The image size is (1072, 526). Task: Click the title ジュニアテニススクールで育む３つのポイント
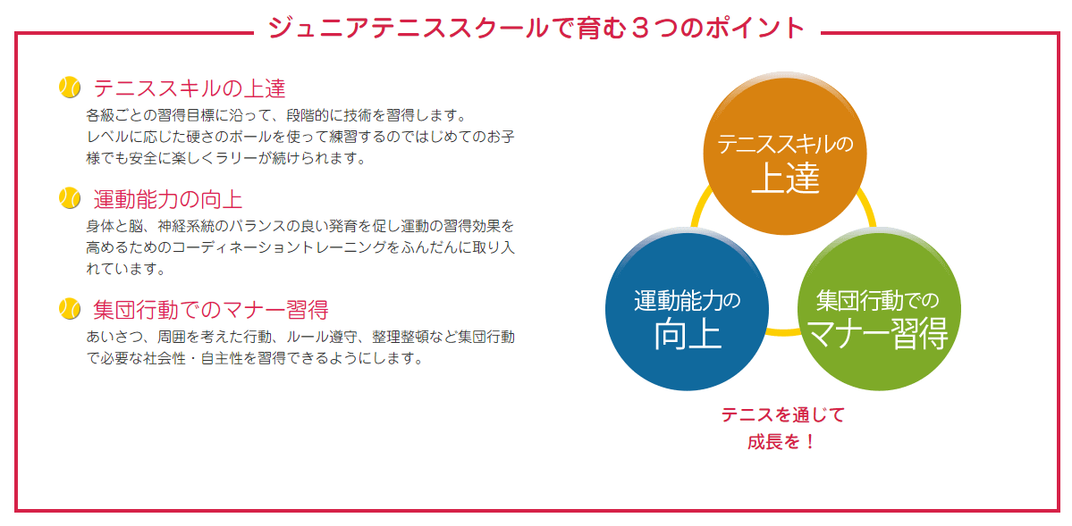(536, 28)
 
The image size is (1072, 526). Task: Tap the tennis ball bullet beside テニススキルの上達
(70, 88)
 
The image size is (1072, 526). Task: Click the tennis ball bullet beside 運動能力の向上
(70, 198)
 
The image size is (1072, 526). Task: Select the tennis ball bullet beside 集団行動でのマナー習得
(70, 309)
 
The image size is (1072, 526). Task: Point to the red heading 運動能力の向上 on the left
(168, 199)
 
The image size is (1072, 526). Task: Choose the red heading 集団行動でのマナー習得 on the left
(211, 310)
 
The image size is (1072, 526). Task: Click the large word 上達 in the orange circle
(785, 179)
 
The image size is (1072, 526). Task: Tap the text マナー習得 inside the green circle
(878, 334)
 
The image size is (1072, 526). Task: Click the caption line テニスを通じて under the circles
(782, 415)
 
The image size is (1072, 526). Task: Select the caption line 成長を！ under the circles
(782, 442)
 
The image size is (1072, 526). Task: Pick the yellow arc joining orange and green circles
(868, 210)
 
